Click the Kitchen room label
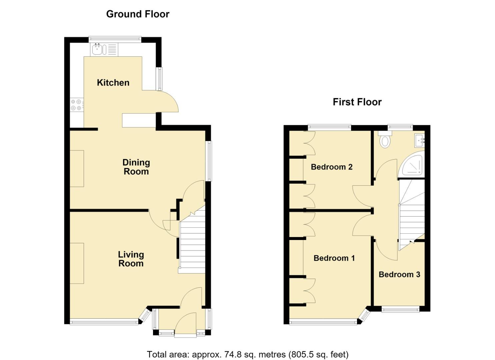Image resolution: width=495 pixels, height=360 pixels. [x=113, y=83]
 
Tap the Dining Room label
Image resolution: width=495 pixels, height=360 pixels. [x=136, y=167]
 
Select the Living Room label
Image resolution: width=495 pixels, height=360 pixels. [x=131, y=259]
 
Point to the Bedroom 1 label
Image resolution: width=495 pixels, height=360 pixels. [x=334, y=258]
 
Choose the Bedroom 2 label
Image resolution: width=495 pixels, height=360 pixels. [x=331, y=167]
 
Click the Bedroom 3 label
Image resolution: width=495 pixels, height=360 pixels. [x=399, y=274]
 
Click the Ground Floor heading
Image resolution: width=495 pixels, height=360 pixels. [x=138, y=14]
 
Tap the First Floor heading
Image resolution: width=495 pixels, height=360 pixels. [x=357, y=102]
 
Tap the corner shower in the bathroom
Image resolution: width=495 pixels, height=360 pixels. [x=412, y=165]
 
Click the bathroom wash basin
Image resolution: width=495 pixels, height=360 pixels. [x=420, y=140]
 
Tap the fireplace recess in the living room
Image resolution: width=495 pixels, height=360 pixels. [x=77, y=263]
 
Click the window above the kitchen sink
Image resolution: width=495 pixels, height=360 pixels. [x=115, y=39]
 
